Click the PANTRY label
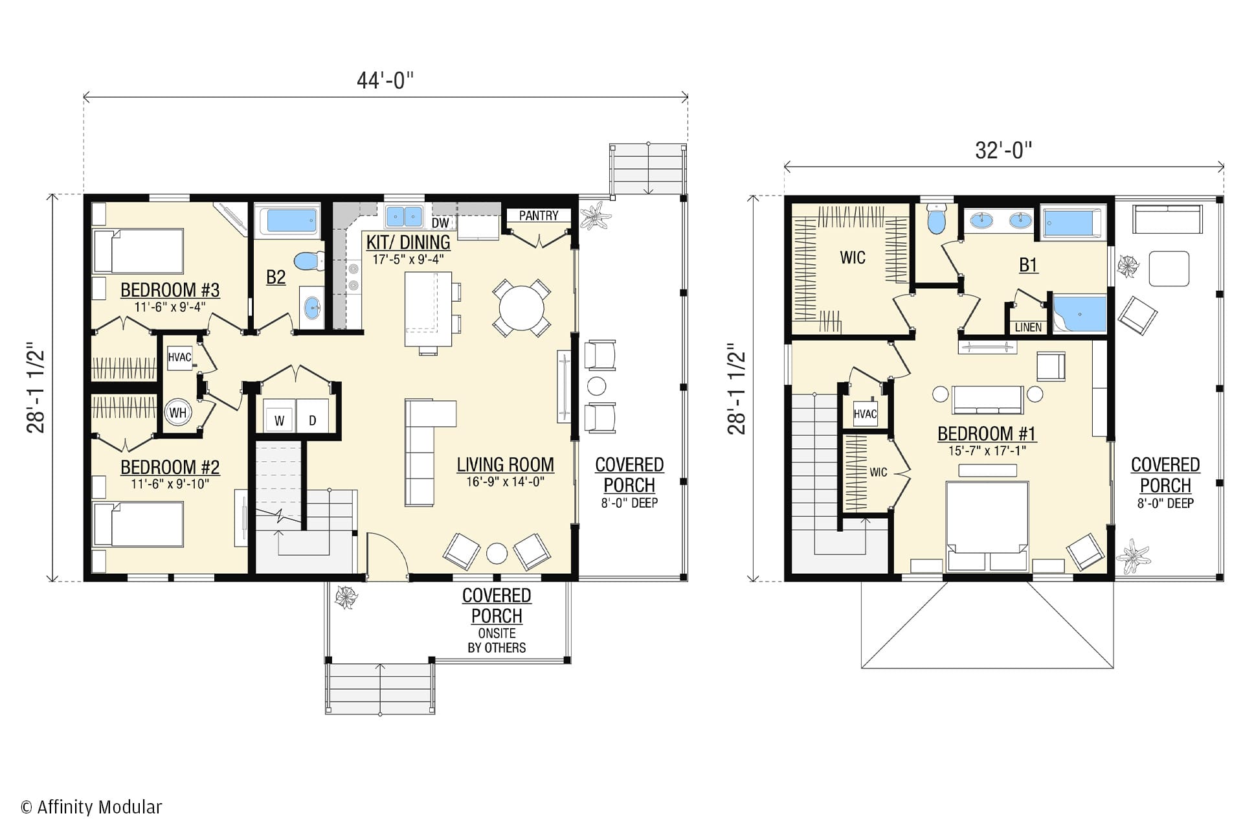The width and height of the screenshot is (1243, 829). point(538,216)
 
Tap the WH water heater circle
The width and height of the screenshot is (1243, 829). point(177,413)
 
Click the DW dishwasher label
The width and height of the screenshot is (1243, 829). point(440,223)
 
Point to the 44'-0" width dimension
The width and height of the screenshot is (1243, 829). point(385,80)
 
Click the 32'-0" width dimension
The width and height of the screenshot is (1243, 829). point(1003,150)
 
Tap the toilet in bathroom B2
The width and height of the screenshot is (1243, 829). point(309,261)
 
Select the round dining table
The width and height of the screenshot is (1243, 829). point(522,308)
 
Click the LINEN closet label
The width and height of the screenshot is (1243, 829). point(1028,327)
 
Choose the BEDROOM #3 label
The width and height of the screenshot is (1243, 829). point(170,290)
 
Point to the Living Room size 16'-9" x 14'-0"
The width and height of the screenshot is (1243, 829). point(505,482)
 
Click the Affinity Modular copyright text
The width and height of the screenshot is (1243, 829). point(91,807)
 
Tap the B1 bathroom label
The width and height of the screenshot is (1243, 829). point(1028,265)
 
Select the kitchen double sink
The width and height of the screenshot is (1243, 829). point(404,216)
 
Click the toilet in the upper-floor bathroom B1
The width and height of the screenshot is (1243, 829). point(936,218)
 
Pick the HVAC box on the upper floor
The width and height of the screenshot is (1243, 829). point(865,414)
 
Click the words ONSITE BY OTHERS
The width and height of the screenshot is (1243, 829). point(497,641)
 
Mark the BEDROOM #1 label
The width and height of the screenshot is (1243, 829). point(987,433)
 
